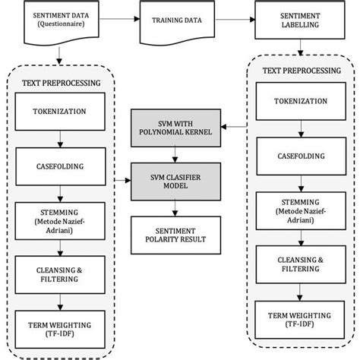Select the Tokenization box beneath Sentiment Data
(59, 111)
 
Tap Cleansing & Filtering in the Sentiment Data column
(59, 273)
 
